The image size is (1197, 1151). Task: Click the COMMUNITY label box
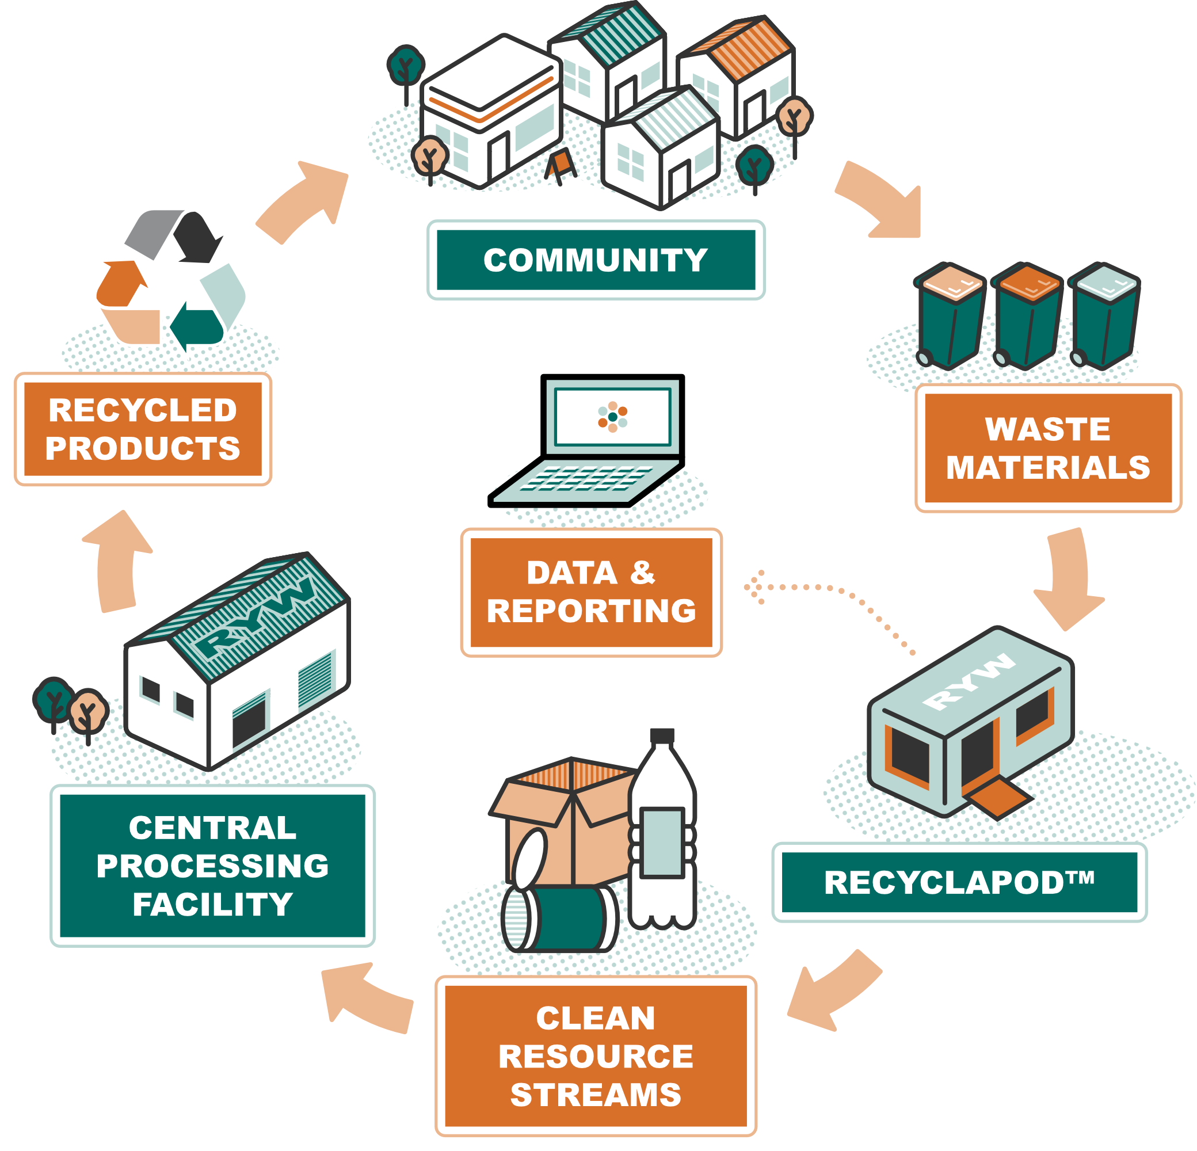596,260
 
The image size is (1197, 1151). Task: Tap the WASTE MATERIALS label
1048,448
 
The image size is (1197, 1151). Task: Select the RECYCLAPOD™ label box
959,882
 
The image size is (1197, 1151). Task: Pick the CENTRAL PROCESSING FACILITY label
212,866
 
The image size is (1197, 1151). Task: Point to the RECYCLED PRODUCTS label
143,429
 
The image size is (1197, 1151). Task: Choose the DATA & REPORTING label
591,592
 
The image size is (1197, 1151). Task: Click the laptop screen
612,417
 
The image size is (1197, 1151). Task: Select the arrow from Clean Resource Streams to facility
367,998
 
